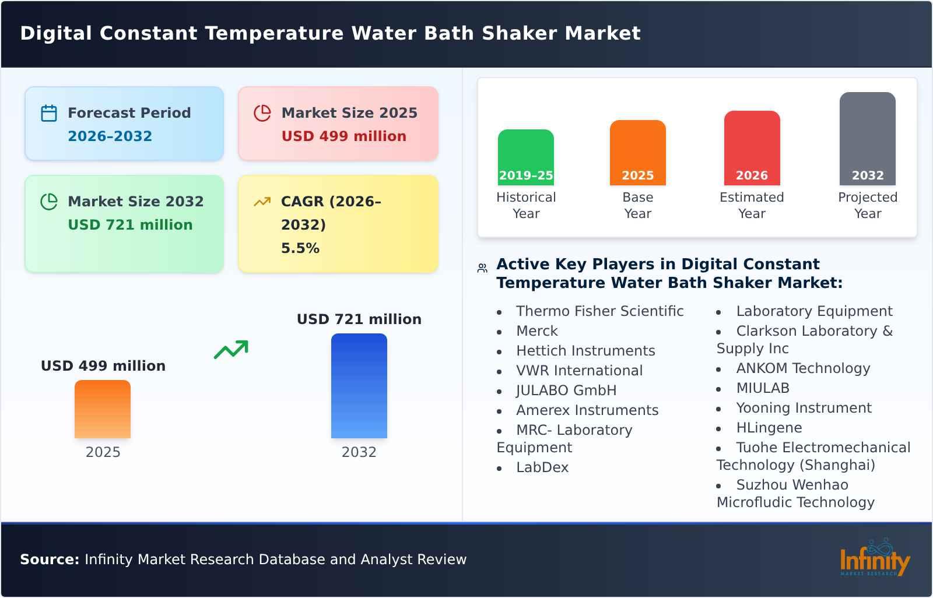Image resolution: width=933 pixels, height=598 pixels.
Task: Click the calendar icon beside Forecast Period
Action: coord(49,113)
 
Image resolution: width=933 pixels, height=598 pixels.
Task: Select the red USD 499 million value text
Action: coord(343,136)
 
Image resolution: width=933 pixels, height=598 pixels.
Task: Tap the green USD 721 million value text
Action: coord(130,225)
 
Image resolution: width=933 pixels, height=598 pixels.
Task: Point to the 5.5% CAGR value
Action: coord(300,248)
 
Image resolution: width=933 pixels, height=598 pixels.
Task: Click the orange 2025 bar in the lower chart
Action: coord(103,409)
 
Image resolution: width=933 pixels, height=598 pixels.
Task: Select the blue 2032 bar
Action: coord(359,386)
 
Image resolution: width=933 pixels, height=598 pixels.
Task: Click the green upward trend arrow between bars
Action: coord(231,350)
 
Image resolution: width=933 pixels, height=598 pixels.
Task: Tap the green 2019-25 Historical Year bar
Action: coord(525,157)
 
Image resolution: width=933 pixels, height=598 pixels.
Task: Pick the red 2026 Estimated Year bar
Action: coord(752,148)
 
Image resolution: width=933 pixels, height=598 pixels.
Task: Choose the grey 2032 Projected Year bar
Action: coord(867,139)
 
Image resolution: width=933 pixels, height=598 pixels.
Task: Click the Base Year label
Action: coord(637,205)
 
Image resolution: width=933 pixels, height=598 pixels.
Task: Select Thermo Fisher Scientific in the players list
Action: coord(599,311)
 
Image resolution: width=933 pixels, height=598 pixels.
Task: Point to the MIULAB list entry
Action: coord(762,388)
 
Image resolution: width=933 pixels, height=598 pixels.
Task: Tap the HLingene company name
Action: coord(769,428)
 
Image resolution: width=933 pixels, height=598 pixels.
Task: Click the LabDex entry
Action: coord(542,467)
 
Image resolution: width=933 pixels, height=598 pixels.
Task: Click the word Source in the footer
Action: coord(49,560)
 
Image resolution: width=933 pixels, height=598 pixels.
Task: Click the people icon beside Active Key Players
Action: coord(482,268)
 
